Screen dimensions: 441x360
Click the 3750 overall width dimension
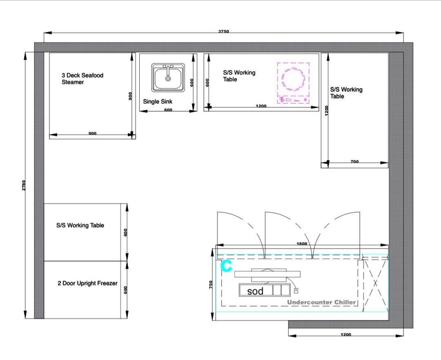[224, 31]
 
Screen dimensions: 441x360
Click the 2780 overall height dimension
[24, 185]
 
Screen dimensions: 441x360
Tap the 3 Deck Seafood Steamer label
[82, 79]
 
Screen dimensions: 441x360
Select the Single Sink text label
[158, 102]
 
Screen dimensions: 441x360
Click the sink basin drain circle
[168, 79]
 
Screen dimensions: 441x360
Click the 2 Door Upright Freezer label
[87, 283]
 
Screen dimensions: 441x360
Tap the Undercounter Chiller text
[321, 302]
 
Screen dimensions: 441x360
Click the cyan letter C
[226, 266]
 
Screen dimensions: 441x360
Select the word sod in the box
[255, 291]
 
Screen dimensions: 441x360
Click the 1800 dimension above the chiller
[302, 244]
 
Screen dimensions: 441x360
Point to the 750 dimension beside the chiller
[211, 284]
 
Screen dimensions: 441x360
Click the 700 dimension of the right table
[355, 162]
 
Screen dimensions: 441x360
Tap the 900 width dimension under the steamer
[92, 133]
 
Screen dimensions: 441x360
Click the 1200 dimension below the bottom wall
[346, 334]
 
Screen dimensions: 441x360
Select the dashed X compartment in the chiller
[375, 284]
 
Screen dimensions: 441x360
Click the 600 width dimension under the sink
[168, 110]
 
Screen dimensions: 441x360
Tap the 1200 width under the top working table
[261, 106]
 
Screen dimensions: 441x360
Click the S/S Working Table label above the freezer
[80, 225]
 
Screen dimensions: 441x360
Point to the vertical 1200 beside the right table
[327, 111]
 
